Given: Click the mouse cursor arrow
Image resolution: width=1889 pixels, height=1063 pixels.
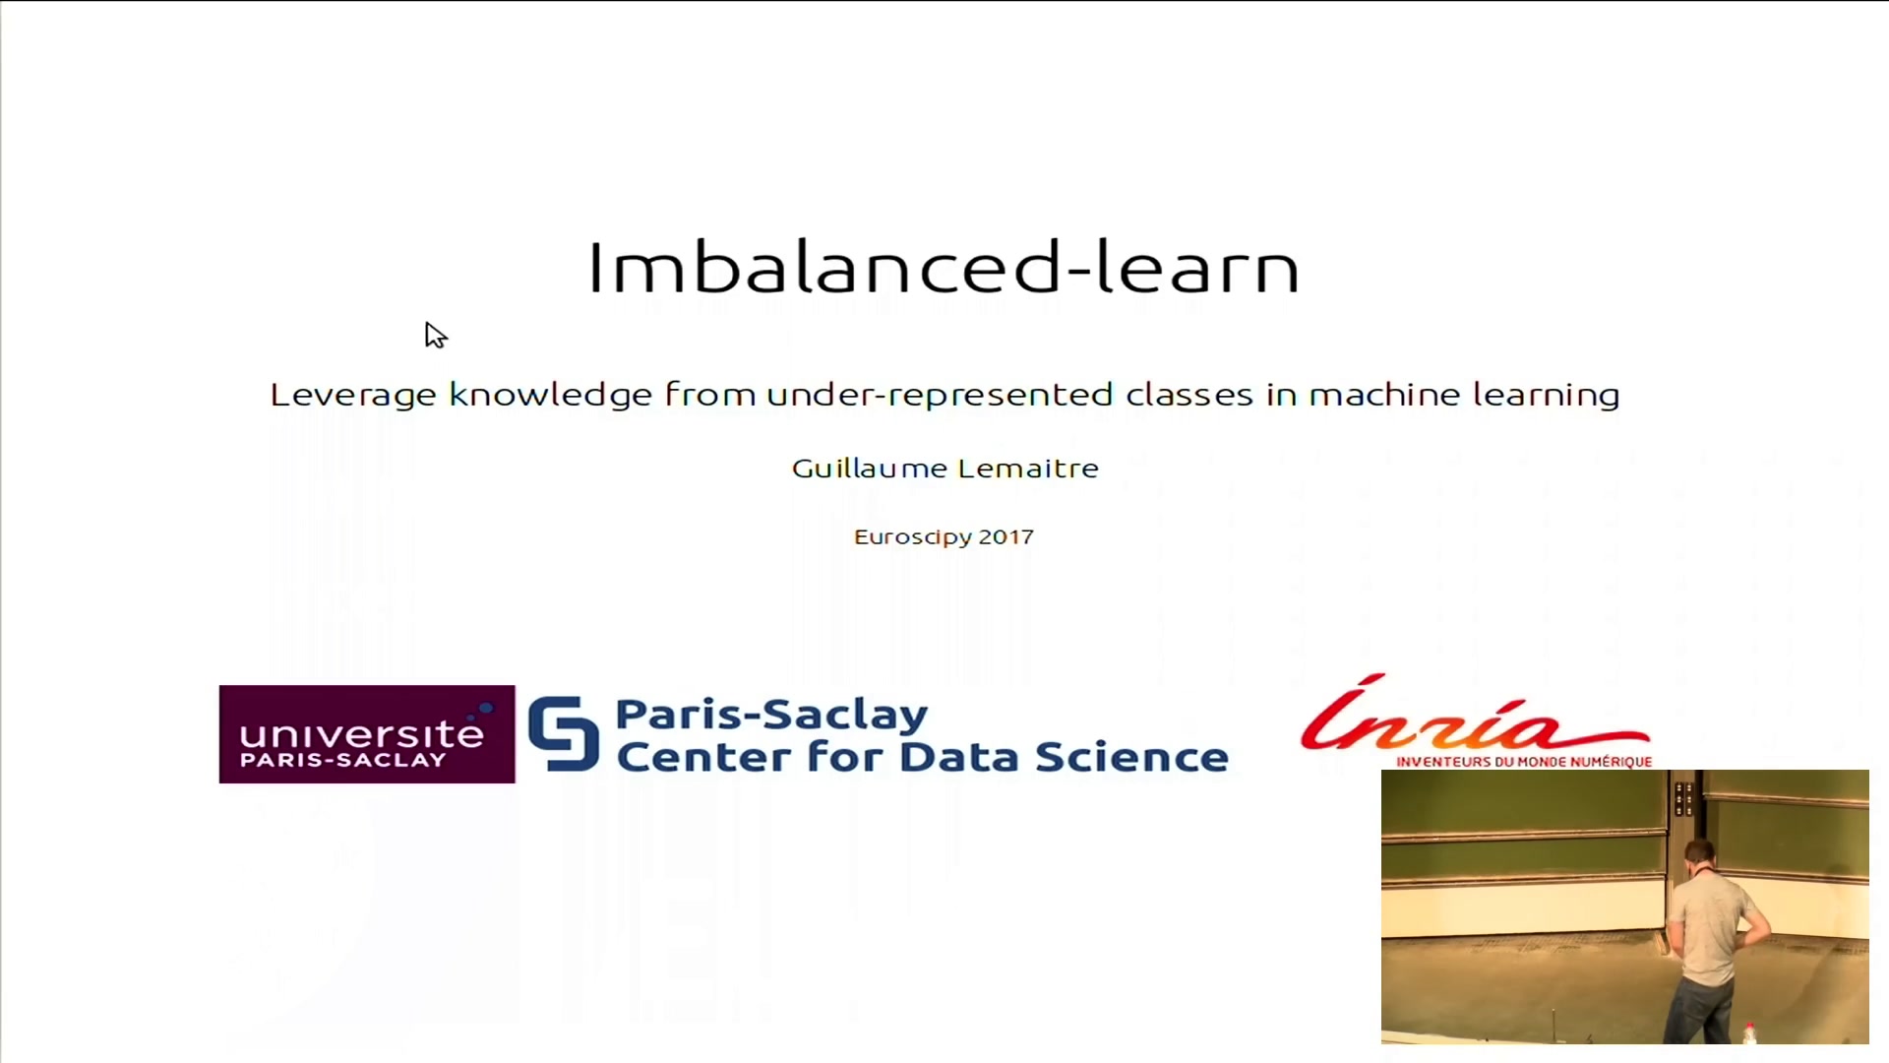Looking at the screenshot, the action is (x=436, y=336).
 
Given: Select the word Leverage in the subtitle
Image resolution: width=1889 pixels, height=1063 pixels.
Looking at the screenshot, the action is (x=353, y=396).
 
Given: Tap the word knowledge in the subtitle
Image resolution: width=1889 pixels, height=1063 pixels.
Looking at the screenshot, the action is (x=551, y=396).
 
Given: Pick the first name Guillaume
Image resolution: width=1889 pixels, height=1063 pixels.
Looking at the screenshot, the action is (x=870, y=469).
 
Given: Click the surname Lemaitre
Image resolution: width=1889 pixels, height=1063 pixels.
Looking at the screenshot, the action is (x=1028, y=469).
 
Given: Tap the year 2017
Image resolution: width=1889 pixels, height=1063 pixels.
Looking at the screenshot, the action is (x=1006, y=537).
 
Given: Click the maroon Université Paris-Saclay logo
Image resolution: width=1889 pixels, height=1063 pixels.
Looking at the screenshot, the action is (x=367, y=734).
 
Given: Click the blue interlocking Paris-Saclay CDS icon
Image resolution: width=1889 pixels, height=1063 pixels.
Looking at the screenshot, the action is (x=564, y=733).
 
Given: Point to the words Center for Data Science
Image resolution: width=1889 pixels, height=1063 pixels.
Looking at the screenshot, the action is (x=922, y=757).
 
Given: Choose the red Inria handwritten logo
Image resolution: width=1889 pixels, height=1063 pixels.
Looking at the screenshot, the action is (x=1475, y=717).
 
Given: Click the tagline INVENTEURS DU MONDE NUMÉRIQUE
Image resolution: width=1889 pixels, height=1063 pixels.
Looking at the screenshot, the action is (x=1524, y=762).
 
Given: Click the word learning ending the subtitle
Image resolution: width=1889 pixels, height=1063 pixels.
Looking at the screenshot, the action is (x=1546, y=396).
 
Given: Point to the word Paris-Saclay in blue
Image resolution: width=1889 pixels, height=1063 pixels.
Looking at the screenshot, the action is (x=771, y=715).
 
